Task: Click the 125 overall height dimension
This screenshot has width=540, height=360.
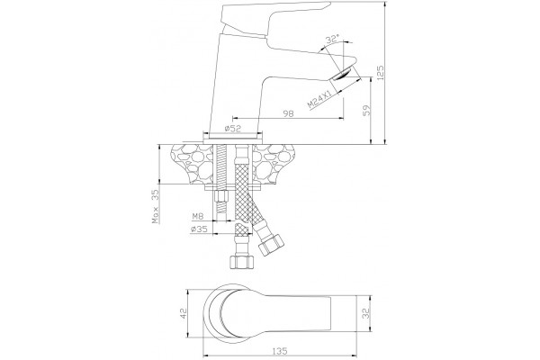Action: pyautogui.click(x=380, y=73)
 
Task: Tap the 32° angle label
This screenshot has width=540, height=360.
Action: pyautogui.click(x=333, y=39)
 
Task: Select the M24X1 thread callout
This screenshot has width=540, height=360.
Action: pyautogui.click(x=319, y=99)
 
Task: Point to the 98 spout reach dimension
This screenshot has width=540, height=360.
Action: pyautogui.click(x=288, y=113)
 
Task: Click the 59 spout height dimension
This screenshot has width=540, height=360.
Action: pyautogui.click(x=367, y=110)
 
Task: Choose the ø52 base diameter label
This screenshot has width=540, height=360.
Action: pyautogui.click(x=233, y=129)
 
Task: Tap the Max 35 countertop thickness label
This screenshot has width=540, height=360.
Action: pyautogui.click(x=156, y=206)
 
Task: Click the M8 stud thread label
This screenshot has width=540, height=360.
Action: pyautogui.click(x=198, y=216)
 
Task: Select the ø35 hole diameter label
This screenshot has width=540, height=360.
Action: pyautogui.click(x=199, y=229)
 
